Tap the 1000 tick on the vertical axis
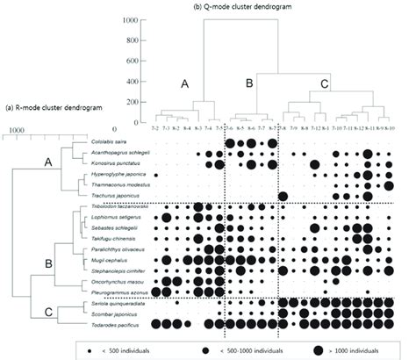pyautogui.click(x=133, y=18)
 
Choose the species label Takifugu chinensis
pyautogui.click(x=111, y=238)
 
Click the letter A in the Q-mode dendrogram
pyautogui.click(x=184, y=84)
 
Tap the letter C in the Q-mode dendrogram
pyautogui.click(x=324, y=84)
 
